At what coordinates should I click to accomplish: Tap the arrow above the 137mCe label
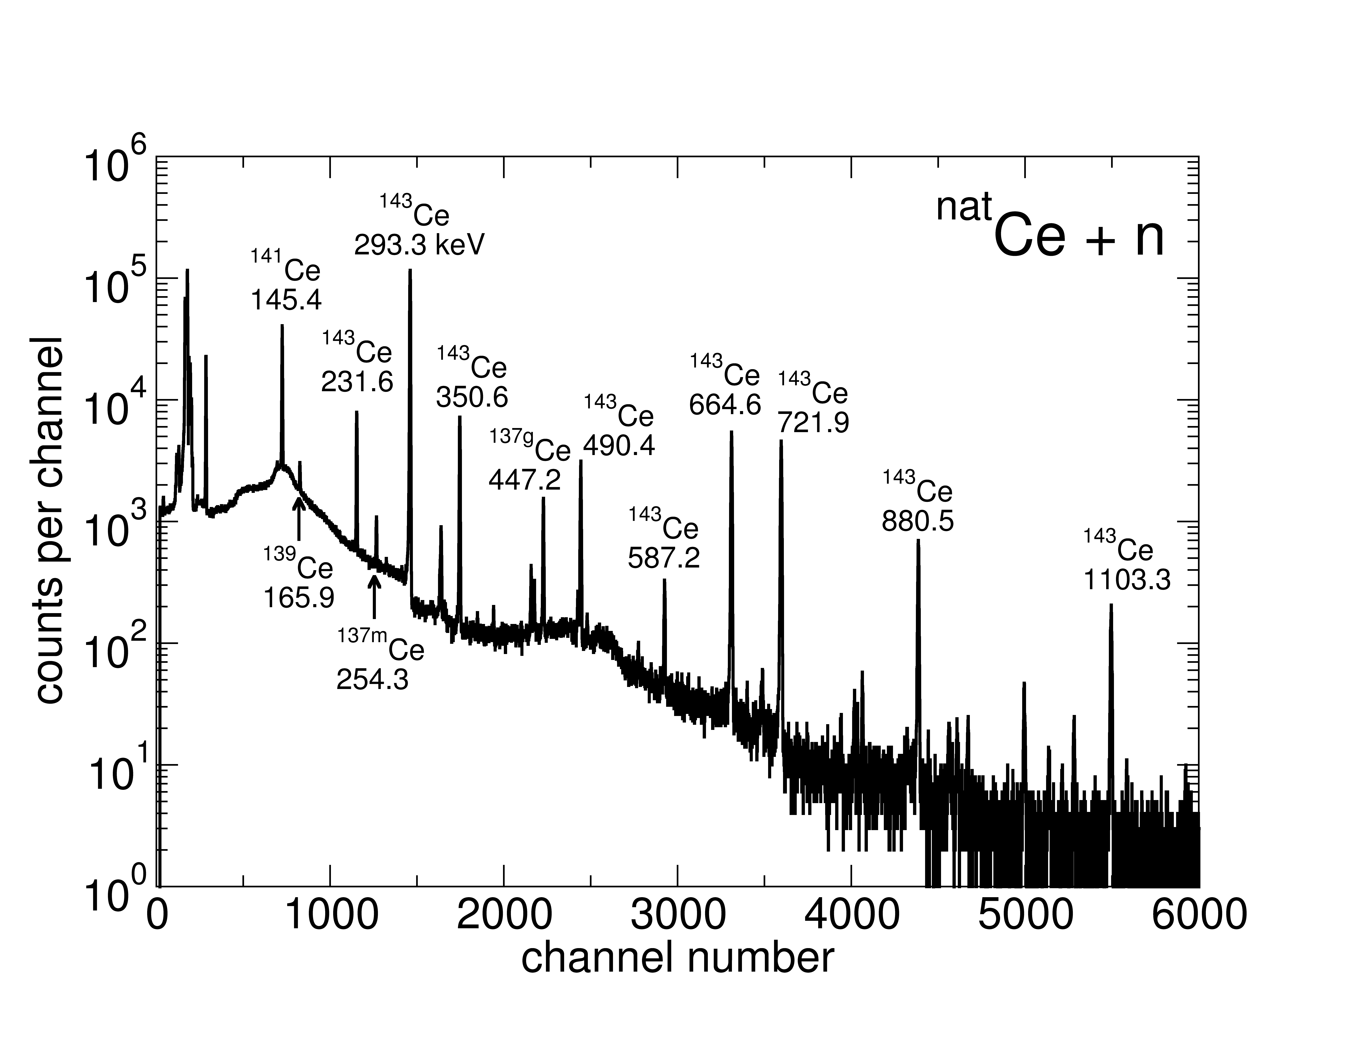click(374, 596)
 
